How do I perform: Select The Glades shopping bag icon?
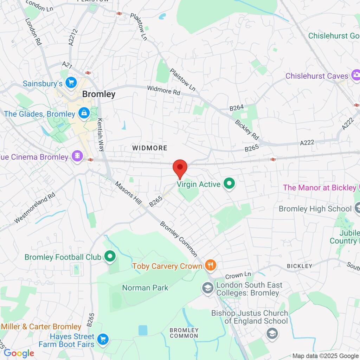[x=84, y=113]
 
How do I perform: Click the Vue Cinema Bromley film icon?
[x=77, y=156]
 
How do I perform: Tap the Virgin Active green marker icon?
[x=230, y=184]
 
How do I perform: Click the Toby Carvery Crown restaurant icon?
[x=210, y=265]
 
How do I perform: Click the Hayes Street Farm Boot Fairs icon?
[x=103, y=339]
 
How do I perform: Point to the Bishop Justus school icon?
[x=271, y=333]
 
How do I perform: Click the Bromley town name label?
[x=98, y=94]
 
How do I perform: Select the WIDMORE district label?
[x=150, y=148]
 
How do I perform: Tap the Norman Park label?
[x=145, y=288]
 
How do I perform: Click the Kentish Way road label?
[x=100, y=134]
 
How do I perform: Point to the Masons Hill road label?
[x=128, y=193]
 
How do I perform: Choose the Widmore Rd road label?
[x=163, y=91]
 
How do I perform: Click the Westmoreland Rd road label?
[x=35, y=208]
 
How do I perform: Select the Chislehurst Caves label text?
[x=316, y=76]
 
